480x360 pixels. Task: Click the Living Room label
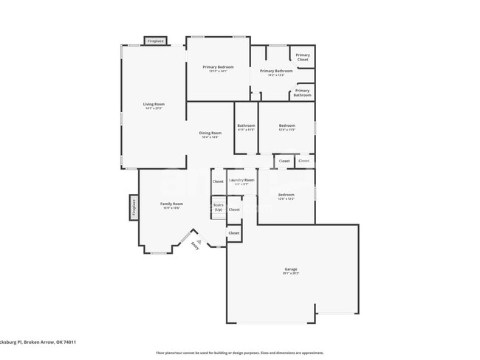click(x=154, y=104)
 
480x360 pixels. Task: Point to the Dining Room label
click(x=210, y=133)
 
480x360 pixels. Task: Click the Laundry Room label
click(x=241, y=180)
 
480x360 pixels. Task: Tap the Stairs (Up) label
click(x=218, y=207)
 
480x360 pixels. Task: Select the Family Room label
click(x=171, y=204)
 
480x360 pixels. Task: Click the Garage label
click(x=291, y=269)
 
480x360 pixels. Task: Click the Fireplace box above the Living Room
click(x=155, y=41)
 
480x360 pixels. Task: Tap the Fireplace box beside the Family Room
click(x=134, y=208)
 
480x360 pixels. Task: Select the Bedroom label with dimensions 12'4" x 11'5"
click(x=287, y=126)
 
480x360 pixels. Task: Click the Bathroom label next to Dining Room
click(x=246, y=126)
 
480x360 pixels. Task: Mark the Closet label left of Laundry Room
click(x=218, y=181)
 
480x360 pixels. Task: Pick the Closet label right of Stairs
click(x=234, y=210)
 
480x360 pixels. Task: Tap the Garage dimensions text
click(x=291, y=274)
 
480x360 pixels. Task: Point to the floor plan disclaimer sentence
click(x=240, y=353)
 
